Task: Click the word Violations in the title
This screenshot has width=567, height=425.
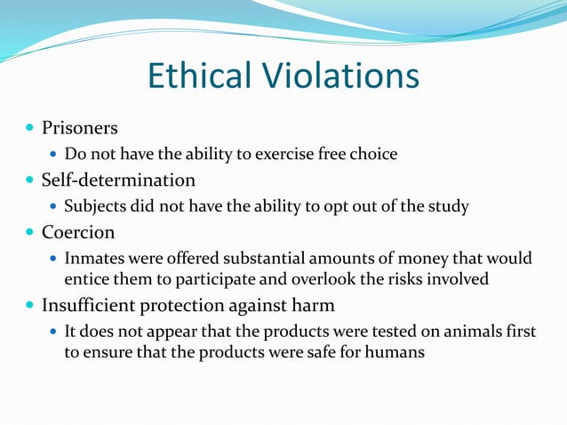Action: pyautogui.click(x=341, y=76)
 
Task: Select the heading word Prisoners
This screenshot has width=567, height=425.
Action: pyautogui.click(x=80, y=128)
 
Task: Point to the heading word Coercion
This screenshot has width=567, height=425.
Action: pyautogui.click(x=78, y=232)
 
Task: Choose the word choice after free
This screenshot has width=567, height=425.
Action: pyautogui.click(x=374, y=155)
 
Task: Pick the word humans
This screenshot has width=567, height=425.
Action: pyautogui.click(x=394, y=351)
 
